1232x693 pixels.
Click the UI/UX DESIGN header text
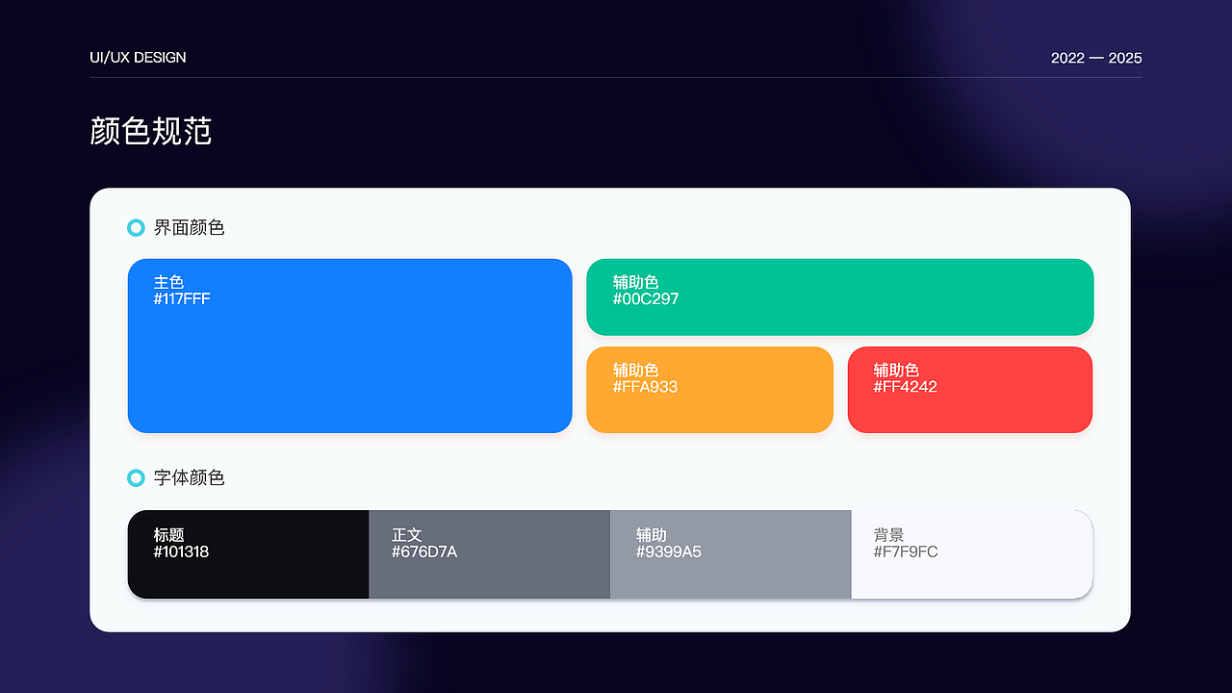pos(138,58)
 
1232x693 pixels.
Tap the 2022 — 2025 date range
pos(1096,58)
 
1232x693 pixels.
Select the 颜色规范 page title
pos(150,131)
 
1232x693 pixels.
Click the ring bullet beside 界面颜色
pos(136,228)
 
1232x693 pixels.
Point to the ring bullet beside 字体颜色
pos(136,478)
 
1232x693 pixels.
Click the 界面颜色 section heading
pos(189,228)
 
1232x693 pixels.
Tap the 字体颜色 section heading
pos(189,478)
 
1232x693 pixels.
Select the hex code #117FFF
pos(182,299)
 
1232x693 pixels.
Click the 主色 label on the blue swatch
pos(168,282)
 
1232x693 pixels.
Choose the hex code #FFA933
pos(645,387)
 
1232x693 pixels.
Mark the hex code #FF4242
pos(905,387)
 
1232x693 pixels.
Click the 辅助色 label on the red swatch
pos(896,370)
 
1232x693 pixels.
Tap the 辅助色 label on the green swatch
pos(635,282)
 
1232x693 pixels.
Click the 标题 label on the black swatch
pos(168,535)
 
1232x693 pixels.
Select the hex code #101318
pos(181,552)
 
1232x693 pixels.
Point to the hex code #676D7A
pos(423,552)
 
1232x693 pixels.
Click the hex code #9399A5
pos(668,552)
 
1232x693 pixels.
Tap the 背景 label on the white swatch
pos(888,535)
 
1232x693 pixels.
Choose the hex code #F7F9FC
pos(905,552)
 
